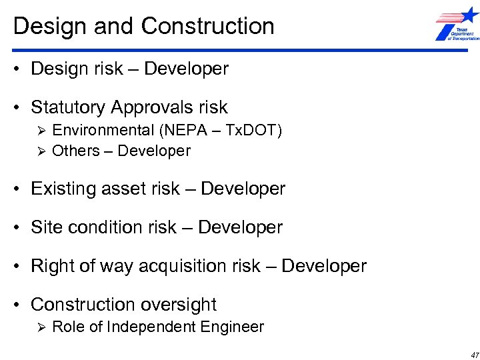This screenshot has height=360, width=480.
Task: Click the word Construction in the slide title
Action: tap(208, 26)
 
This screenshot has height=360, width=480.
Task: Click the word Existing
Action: tap(63, 189)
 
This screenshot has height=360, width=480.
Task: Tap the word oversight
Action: tap(178, 305)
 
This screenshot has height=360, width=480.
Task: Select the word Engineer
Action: tap(233, 327)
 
